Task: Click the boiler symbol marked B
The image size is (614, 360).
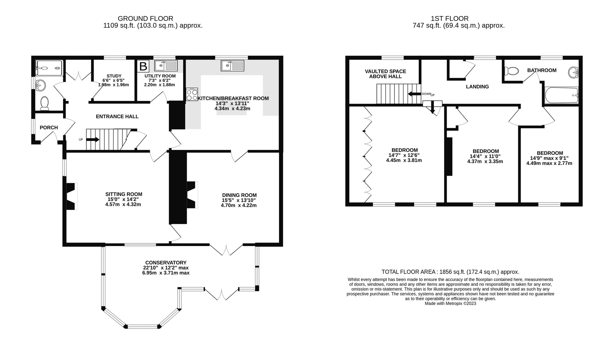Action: (x=143, y=66)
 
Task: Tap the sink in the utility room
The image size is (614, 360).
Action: (x=166, y=65)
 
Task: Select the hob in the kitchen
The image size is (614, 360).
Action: (x=192, y=94)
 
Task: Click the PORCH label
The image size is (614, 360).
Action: (x=49, y=128)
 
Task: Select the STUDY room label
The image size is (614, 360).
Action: (x=114, y=76)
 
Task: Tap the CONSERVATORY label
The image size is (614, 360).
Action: (x=166, y=263)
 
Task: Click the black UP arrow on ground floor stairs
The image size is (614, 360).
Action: (x=93, y=139)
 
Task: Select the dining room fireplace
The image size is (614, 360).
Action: (x=192, y=195)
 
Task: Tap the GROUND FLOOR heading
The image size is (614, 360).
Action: (x=146, y=18)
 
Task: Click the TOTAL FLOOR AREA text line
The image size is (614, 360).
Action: (x=450, y=272)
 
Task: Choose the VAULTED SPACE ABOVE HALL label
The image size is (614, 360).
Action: (x=385, y=74)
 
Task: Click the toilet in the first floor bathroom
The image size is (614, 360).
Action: (x=511, y=71)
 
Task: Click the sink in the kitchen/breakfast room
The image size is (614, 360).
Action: (x=233, y=65)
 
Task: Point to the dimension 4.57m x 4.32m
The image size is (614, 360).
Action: (x=123, y=205)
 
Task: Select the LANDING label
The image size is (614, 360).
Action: (x=477, y=87)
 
